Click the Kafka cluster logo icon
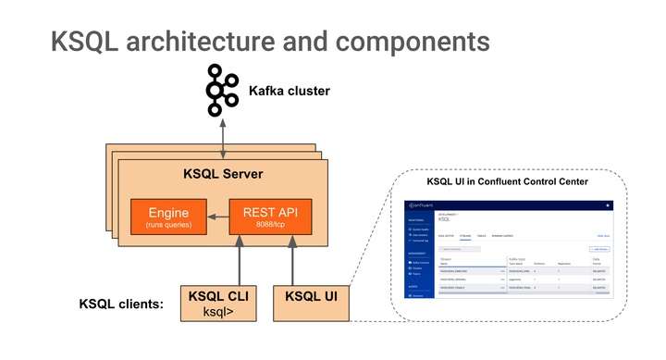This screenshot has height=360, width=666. coord(220,90)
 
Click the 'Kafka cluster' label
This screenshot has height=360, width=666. coord(290,91)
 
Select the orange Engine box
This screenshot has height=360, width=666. coord(167,217)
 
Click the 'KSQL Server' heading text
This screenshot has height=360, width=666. coord(222,174)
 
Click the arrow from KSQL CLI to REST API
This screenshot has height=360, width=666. coord(240,260)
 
